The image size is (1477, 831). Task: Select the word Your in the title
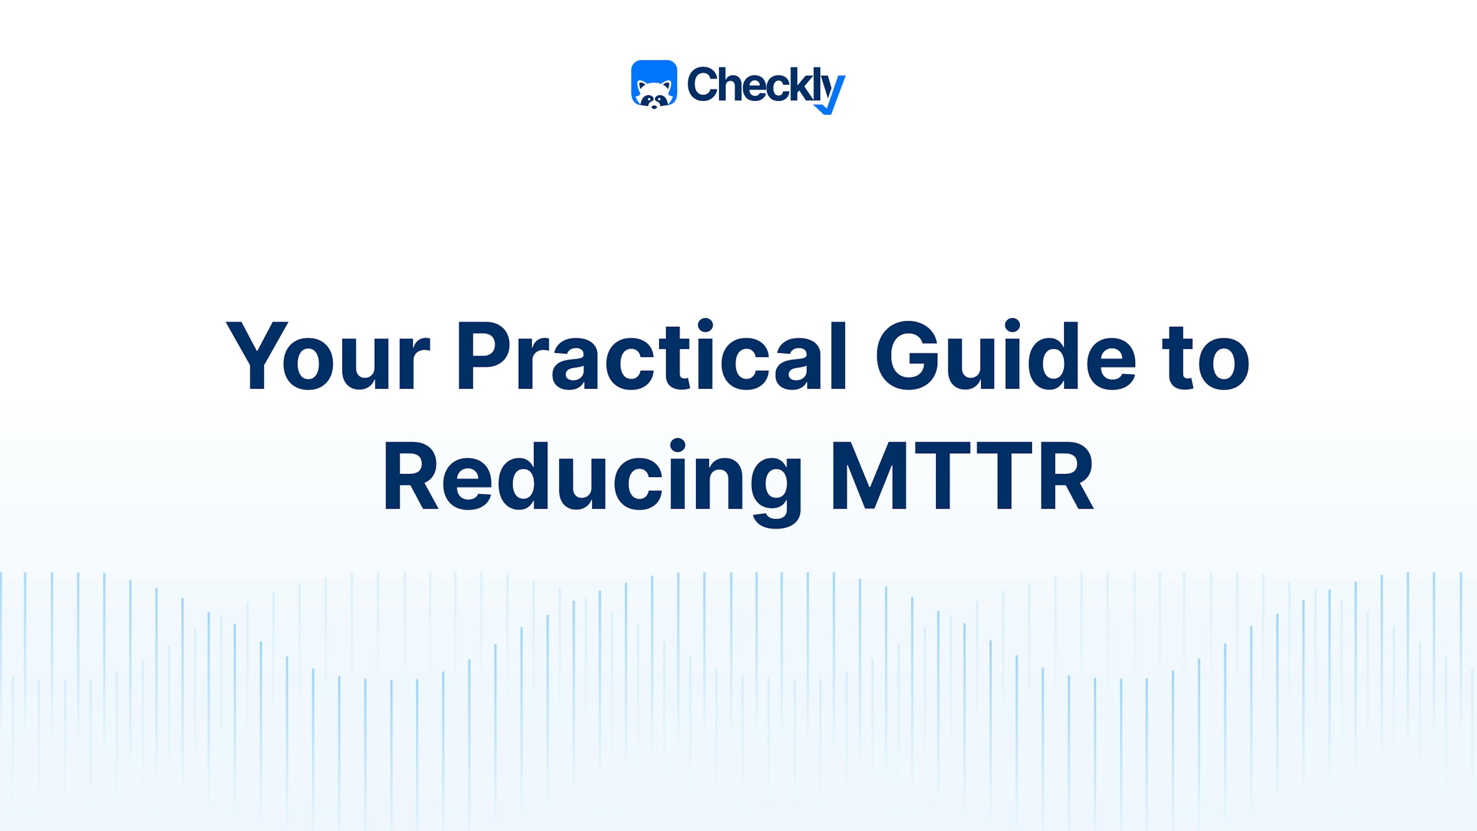click(x=327, y=357)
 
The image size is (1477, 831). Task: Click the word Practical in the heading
click(x=651, y=357)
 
